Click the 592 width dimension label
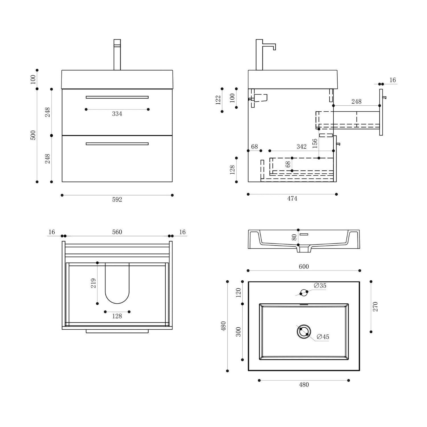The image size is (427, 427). pyautogui.click(x=117, y=200)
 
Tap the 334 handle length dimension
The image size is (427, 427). pyautogui.click(x=117, y=114)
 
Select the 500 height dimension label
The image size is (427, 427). pyautogui.click(x=33, y=135)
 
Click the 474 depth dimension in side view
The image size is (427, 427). pyautogui.click(x=292, y=199)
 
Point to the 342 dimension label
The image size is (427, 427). pyautogui.click(x=301, y=147)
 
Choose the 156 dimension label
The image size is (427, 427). pyautogui.click(x=315, y=143)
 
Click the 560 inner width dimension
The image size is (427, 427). pyautogui.click(x=117, y=232)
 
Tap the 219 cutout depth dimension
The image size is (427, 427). pyautogui.click(x=93, y=283)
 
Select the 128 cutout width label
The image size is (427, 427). pyautogui.click(x=117, y=316)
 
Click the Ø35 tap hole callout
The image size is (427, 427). pyautogui.click(x=320, y=286)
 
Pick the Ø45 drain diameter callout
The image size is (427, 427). pyautogui.click(x=323, y=337)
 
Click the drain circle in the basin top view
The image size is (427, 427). pyautogui.click(x=304, y=332)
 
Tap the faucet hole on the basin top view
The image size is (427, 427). pyautogui.click(x=304, y=293)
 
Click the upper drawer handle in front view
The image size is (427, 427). pyautogui.click(x=117, y=97)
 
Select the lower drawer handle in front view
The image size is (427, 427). pyautogui.click(x=117, y=144)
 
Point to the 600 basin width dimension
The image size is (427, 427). pyautogui.click(x=304, y=267)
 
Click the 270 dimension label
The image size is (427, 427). pyautogui.click(x=375, y=307)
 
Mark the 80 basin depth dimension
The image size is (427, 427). pyautogui.click(x=294, y=237)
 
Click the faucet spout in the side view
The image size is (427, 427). pyautogui.click(x=269, y=47)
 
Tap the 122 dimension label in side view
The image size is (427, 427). pyautogui.click(x=218, y=100)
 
